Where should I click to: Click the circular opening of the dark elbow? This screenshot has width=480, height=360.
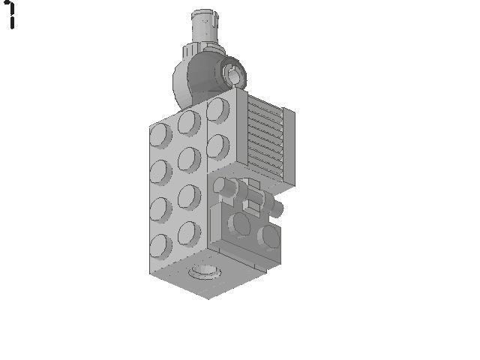pos(234,74)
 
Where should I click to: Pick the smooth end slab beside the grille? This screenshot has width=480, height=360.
pos(289,147)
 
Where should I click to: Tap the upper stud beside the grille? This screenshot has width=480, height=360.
pos(218,110)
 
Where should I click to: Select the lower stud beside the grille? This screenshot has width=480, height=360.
pos(218,147)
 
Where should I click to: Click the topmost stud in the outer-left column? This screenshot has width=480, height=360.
pos(160,136)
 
